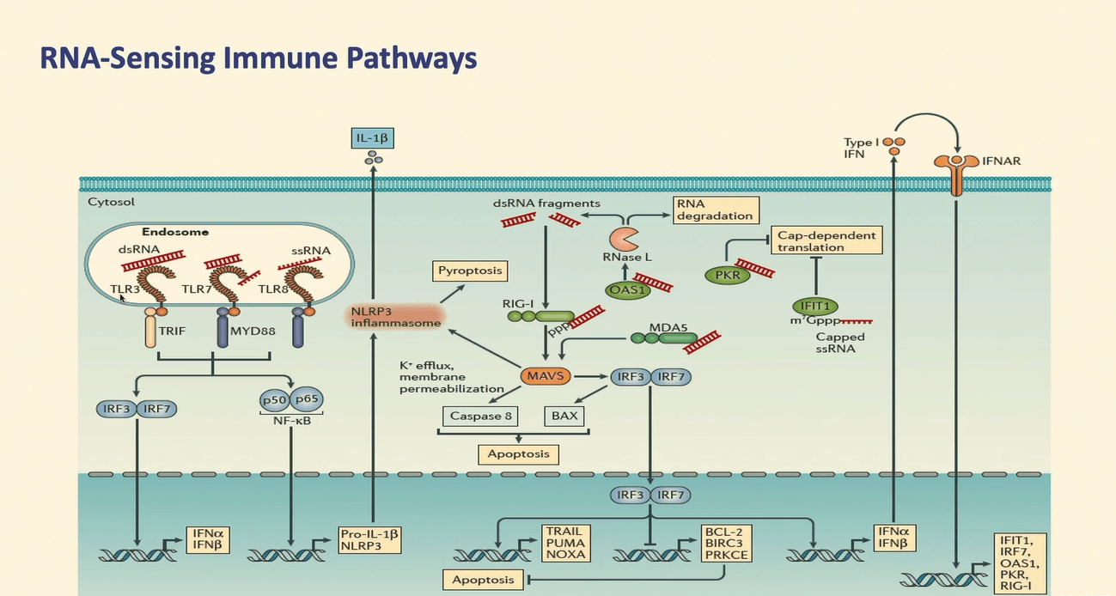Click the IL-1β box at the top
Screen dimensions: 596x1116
(x=373, y=137)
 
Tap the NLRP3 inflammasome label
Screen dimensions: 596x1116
(x=395, y=317)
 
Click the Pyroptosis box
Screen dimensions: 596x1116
(x=468, y=271)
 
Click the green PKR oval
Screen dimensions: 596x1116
(x=726, y=275)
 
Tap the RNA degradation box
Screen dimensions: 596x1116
(x=715, y=209)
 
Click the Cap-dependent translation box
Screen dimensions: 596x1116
(x=826, y=240)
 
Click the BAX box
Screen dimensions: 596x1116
(x=564, y=416)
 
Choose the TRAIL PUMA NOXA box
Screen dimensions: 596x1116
(x=564, y=543)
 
